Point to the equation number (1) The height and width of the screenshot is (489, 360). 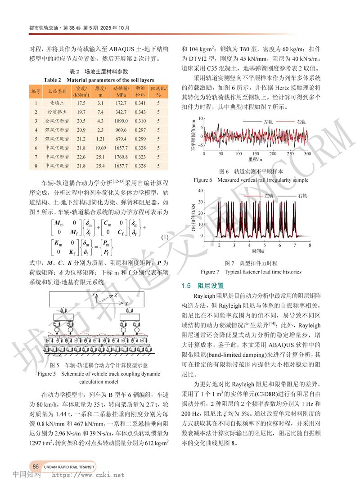coord(164,238)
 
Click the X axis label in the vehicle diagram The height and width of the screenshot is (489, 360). coord(127,305)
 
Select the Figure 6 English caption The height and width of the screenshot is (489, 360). coord(251,180)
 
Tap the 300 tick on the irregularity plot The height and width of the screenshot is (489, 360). coord(308,154)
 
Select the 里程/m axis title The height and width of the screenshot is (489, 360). coord(255,159)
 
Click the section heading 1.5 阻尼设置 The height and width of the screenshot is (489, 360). coord(199,286)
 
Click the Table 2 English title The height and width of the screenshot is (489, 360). coord(94,80)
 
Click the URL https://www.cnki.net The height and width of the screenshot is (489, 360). coord(88,474)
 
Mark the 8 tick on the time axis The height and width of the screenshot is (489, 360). coord(310,246)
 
